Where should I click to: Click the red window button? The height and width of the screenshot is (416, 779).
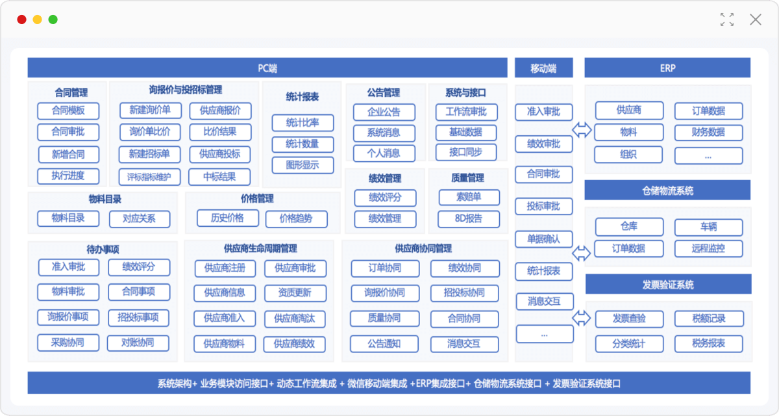[x=21, y=19]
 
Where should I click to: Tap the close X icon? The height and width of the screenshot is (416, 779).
[x=756, y=19]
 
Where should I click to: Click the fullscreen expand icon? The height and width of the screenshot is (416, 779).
[x=727, y=19]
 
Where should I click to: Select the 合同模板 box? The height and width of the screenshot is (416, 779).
[x=68, y=111]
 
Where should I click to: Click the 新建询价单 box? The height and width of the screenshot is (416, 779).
[x=150, y=110]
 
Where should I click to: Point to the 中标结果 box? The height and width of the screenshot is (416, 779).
[x=219, y=177]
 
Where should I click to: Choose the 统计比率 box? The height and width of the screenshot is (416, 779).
[x=303, y=123]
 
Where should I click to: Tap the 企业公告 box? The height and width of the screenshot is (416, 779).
[x=384, y=112]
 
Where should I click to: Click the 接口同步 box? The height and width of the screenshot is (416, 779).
[x=466, y=153]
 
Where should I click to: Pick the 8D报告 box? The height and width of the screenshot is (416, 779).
[x=469, y=219]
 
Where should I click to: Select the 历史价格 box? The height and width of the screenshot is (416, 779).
[x=228, y=218]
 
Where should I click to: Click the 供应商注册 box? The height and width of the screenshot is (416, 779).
[x=225, y=268]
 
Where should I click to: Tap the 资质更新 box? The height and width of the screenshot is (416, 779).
[x=295, y=293]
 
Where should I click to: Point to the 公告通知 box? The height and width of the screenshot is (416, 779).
[x=384, y=344]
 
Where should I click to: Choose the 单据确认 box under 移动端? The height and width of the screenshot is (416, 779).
[x=544, y=239]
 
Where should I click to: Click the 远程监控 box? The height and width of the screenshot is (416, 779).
[x=709, y=248]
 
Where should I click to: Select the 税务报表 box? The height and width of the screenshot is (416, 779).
[x=709, y=344]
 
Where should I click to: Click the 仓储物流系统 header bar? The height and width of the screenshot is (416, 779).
[x=667, y=190]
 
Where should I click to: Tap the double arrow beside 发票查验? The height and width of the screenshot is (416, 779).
[x=582, y=318]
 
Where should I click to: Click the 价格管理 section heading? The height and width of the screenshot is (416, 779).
[x=257, y=199]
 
